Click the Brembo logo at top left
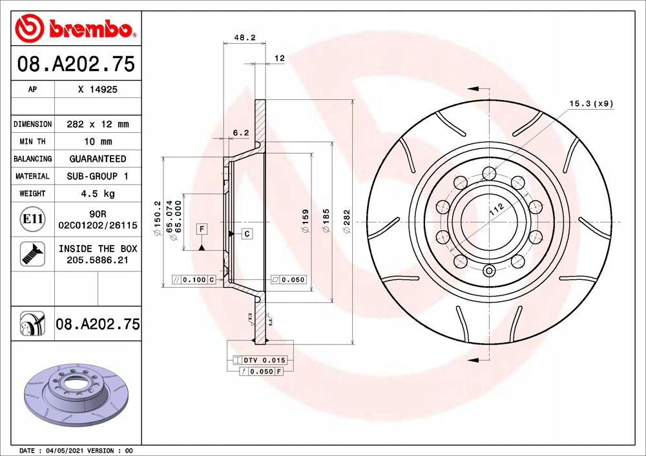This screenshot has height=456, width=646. (76, 28)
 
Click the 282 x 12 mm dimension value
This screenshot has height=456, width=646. (98, 124)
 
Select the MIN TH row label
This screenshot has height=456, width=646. (32, 141)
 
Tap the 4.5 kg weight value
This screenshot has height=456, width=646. (98, 193)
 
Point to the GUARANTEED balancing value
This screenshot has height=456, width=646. (98, 159)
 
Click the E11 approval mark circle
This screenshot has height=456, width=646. (32, 219)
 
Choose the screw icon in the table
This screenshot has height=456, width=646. (32, 253)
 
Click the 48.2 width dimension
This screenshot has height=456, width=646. (245, 37)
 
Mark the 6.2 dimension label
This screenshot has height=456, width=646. (241, 133)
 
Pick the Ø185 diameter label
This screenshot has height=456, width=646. (326, 221)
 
